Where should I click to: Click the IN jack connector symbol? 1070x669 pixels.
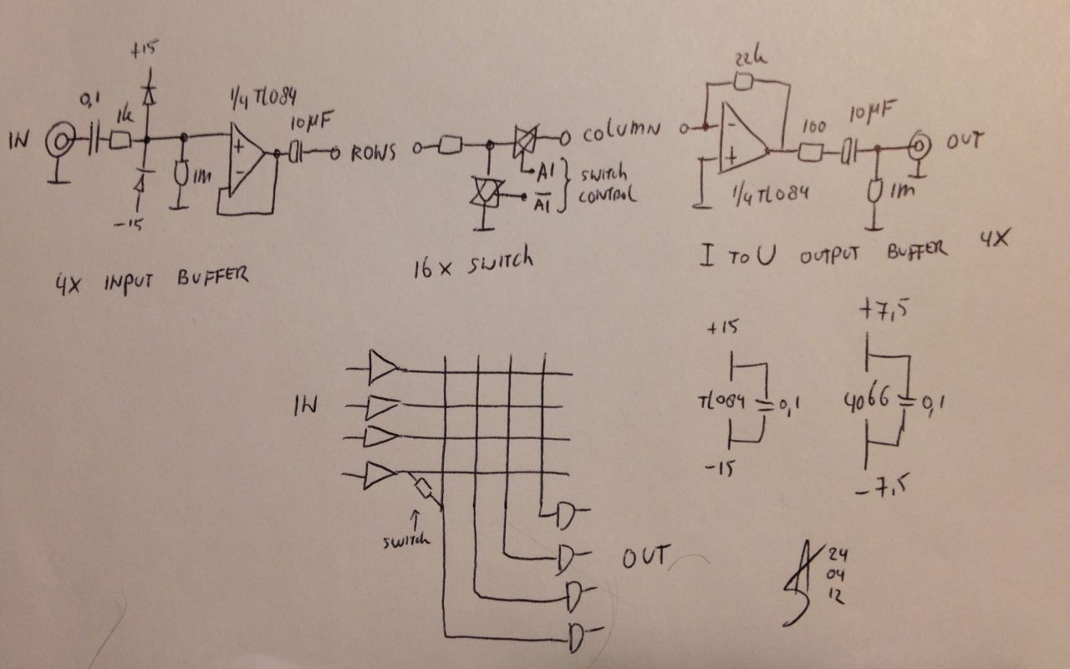click(59, 140)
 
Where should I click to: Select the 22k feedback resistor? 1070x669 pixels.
click(743, 81)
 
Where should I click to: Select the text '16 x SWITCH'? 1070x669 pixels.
click(472, 263)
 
